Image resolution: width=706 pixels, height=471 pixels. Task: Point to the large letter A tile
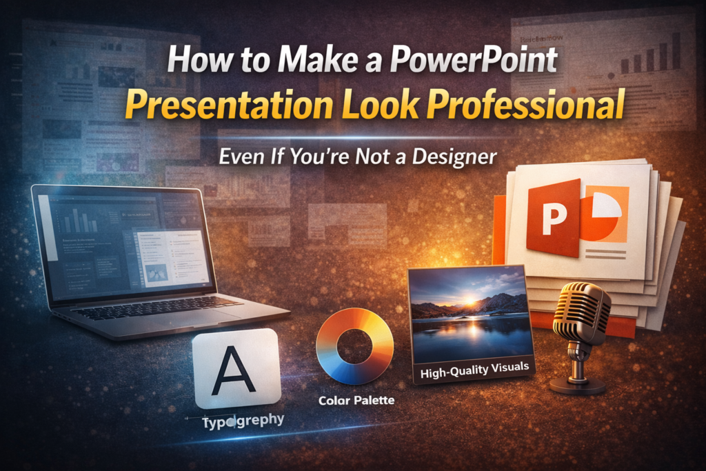pos(237,368)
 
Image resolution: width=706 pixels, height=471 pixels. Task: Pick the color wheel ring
pos(354,345)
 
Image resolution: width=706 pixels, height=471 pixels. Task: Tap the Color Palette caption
pos(356,400)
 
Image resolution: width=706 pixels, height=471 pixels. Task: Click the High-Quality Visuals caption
pos(474,370)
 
